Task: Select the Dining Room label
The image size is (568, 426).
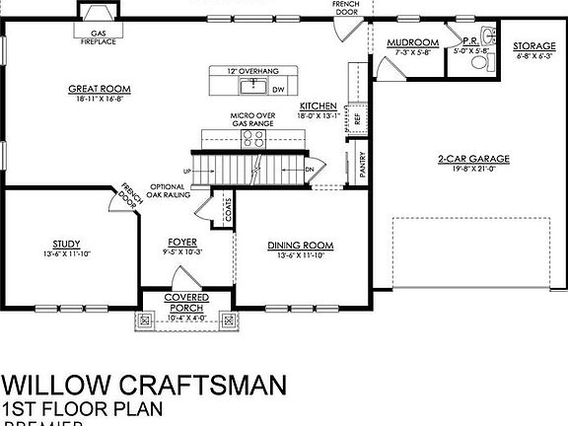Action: click(x=302, y=246)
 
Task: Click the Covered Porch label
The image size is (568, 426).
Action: click(x=186, y=297)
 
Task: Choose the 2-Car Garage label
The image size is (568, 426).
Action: click(x=465, y=159)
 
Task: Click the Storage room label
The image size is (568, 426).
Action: click(x=535, y=46)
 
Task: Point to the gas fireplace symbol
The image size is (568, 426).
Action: click(x=99, y=16)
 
